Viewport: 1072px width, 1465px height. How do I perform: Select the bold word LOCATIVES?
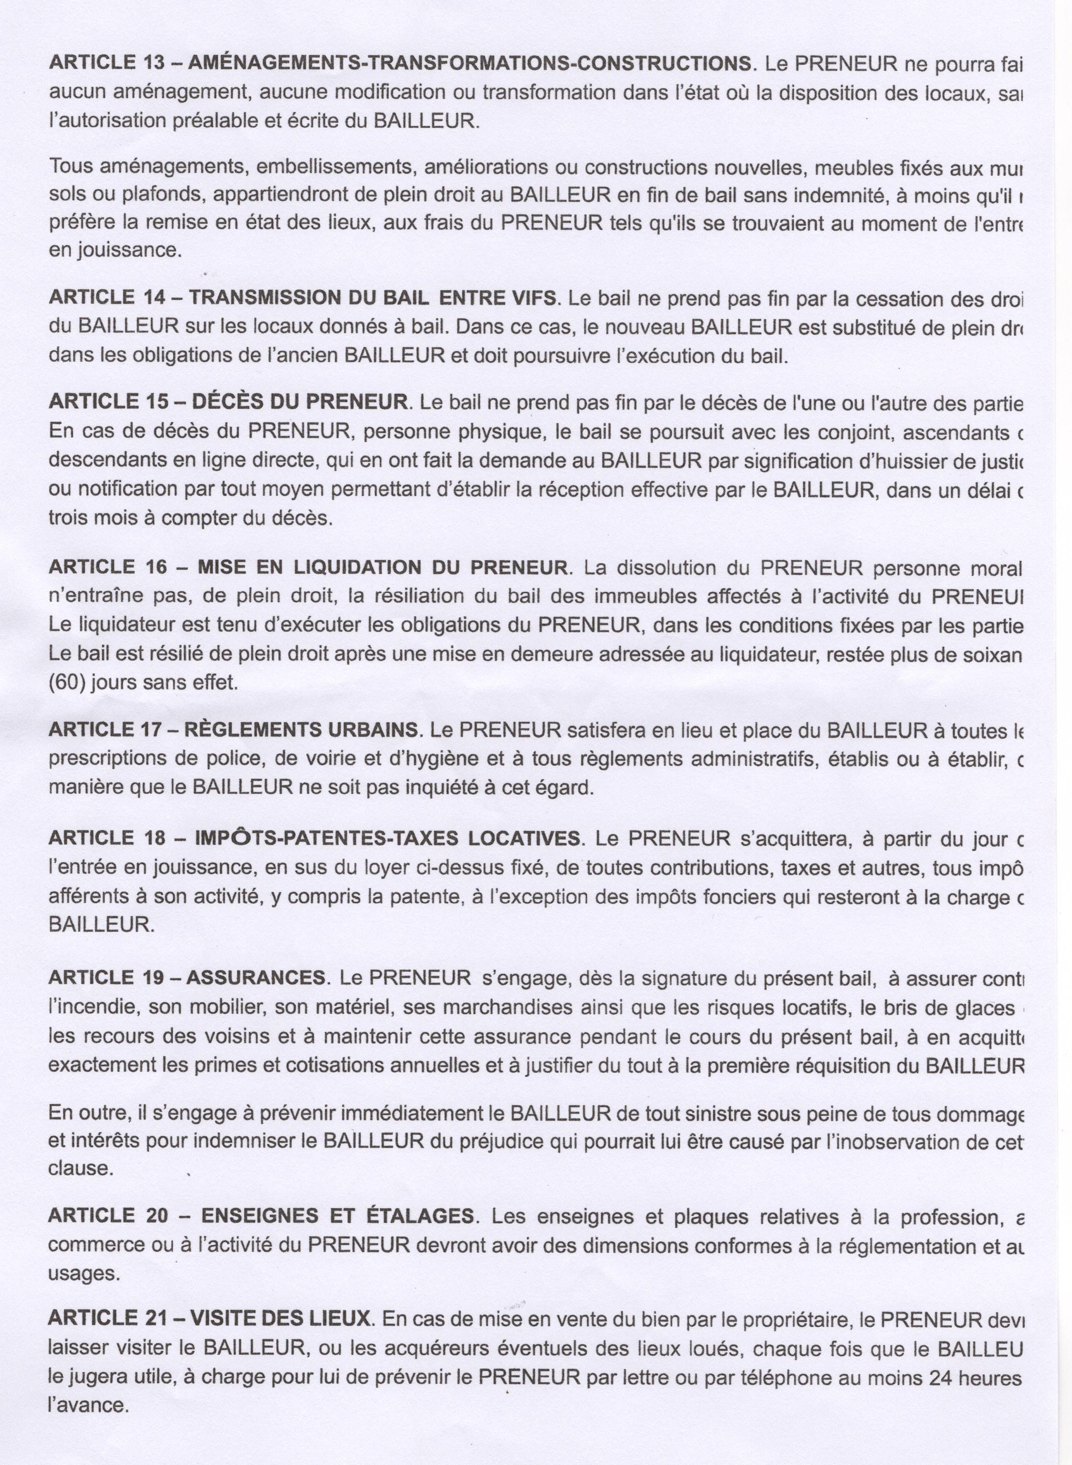pyautogui.click(x=524, y=838)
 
